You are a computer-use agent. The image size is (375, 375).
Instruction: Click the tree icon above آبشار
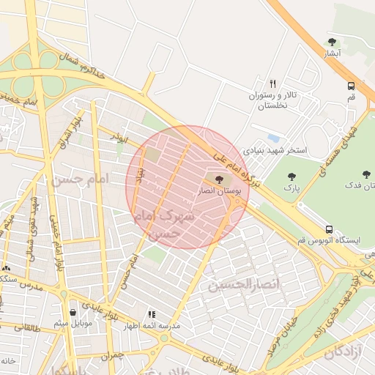click(333, 42)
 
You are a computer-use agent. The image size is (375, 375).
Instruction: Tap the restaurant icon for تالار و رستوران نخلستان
click(272, 83)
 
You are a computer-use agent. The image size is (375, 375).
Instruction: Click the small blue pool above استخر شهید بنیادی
click(273, 138)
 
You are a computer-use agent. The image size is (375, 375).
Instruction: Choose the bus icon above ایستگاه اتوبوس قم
click(330, 229)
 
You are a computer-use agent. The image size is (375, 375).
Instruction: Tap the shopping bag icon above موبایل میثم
click(72, 311)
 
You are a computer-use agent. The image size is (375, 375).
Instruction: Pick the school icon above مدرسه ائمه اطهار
click(152, 313)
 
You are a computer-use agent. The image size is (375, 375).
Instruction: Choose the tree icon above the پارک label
click(292, 177)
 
